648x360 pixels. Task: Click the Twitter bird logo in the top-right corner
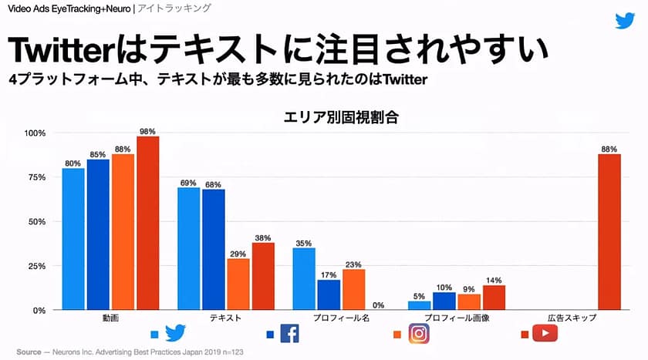click(625, 20)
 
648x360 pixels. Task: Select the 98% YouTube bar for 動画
click(148, 223)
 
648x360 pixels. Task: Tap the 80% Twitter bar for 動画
click(73, 239)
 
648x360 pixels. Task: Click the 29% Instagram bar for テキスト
click(238, 284)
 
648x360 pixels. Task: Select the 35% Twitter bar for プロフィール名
click(304, 278)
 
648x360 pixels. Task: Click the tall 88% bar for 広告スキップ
click(609, 231)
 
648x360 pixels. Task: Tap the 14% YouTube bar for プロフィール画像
click(494, 298)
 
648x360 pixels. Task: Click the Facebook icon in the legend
click(289, 333)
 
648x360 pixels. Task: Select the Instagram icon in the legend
click(417, 334)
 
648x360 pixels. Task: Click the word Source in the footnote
click(29, 352)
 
